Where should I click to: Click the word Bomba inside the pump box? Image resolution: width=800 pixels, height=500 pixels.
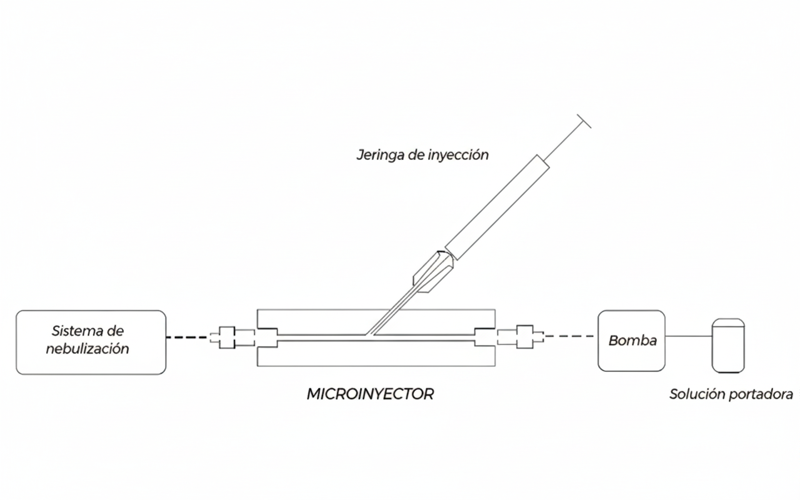coord(632,341)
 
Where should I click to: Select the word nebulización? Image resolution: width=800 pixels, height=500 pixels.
coord(87,349)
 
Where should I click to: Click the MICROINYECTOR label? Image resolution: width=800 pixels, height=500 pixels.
coord(371,394)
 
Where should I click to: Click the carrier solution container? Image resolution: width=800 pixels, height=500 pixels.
coord(728,346)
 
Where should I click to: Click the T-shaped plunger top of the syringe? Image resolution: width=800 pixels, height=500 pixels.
coord(584,121)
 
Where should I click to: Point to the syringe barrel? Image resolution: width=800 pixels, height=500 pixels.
coord(497,207)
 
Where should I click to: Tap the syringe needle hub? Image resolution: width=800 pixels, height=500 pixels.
coord(433,272)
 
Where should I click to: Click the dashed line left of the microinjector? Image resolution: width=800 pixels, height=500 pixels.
coord(186,337)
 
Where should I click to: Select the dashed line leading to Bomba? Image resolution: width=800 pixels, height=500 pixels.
coord(569,336)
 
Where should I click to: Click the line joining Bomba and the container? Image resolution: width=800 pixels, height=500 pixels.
coord(689,336)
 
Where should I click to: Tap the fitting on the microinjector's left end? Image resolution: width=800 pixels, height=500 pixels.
coord(232,337)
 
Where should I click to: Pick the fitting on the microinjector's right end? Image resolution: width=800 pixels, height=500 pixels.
coord(521,337)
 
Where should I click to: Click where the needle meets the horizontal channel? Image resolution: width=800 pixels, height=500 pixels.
coord(369,336)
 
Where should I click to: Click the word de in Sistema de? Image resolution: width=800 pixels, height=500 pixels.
coord(116,331)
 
